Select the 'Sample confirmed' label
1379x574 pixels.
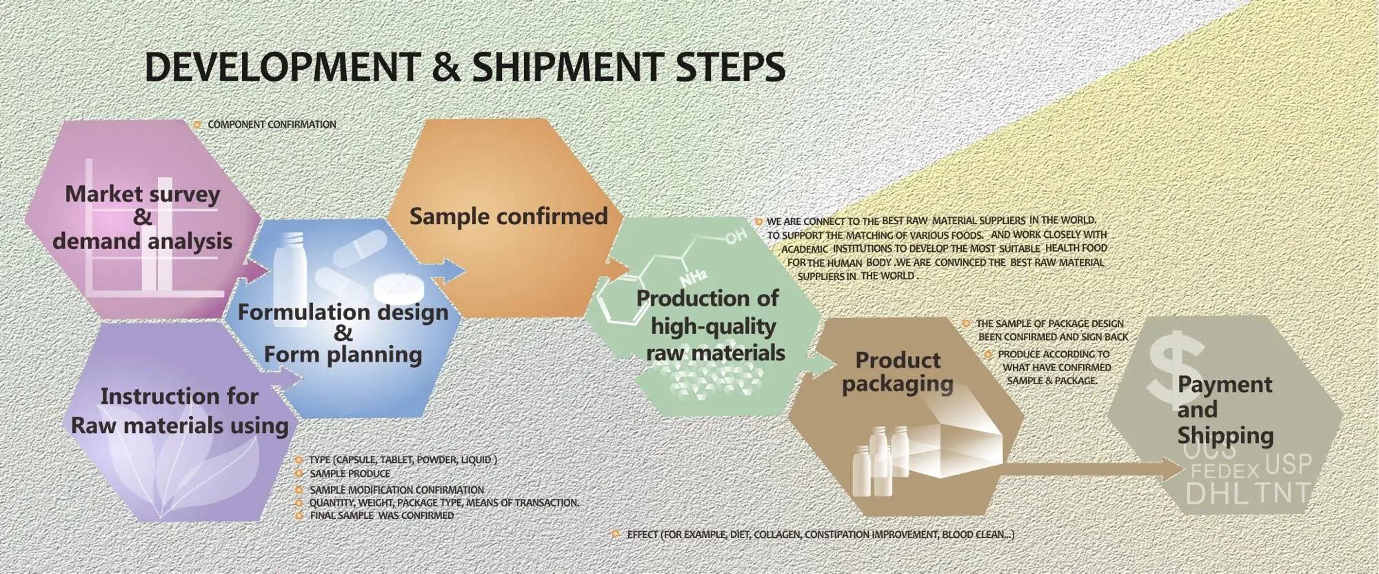[x=508, y=217]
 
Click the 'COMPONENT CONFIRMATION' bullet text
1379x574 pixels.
[x=272, y=125]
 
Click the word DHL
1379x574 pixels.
[x=1217, y=493]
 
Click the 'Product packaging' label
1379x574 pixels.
[x=898, y=372]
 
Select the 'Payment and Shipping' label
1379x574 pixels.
[x=1225, y=410]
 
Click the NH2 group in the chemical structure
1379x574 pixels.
[x=693, y=278]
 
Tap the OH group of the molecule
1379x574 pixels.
[x=736, y=237]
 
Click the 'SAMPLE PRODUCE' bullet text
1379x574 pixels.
[x=350, y=474]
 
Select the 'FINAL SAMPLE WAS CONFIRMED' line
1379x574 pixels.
[x=381, y=515]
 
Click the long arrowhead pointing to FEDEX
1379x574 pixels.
[x=1172, y=471]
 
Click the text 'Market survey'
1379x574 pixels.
[x=142, y=194]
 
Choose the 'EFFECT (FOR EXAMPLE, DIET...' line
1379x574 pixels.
[x=820, y=535]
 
